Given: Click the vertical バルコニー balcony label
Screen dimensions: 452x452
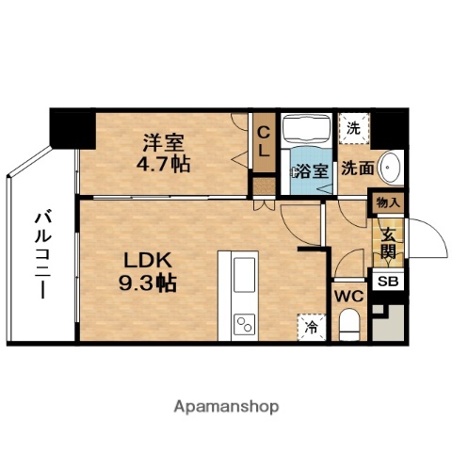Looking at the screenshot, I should pos(42,254).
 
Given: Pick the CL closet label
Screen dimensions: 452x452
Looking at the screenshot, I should pos(265,140).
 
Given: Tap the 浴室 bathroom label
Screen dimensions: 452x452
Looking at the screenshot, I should pos(312,171).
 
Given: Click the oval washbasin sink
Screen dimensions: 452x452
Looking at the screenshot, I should pos(391,170).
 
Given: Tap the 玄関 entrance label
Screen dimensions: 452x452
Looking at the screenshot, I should pos(388,241).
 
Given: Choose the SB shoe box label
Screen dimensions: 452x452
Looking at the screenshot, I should pos(388,282).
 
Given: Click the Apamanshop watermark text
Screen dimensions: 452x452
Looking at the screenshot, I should pos(226,407).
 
